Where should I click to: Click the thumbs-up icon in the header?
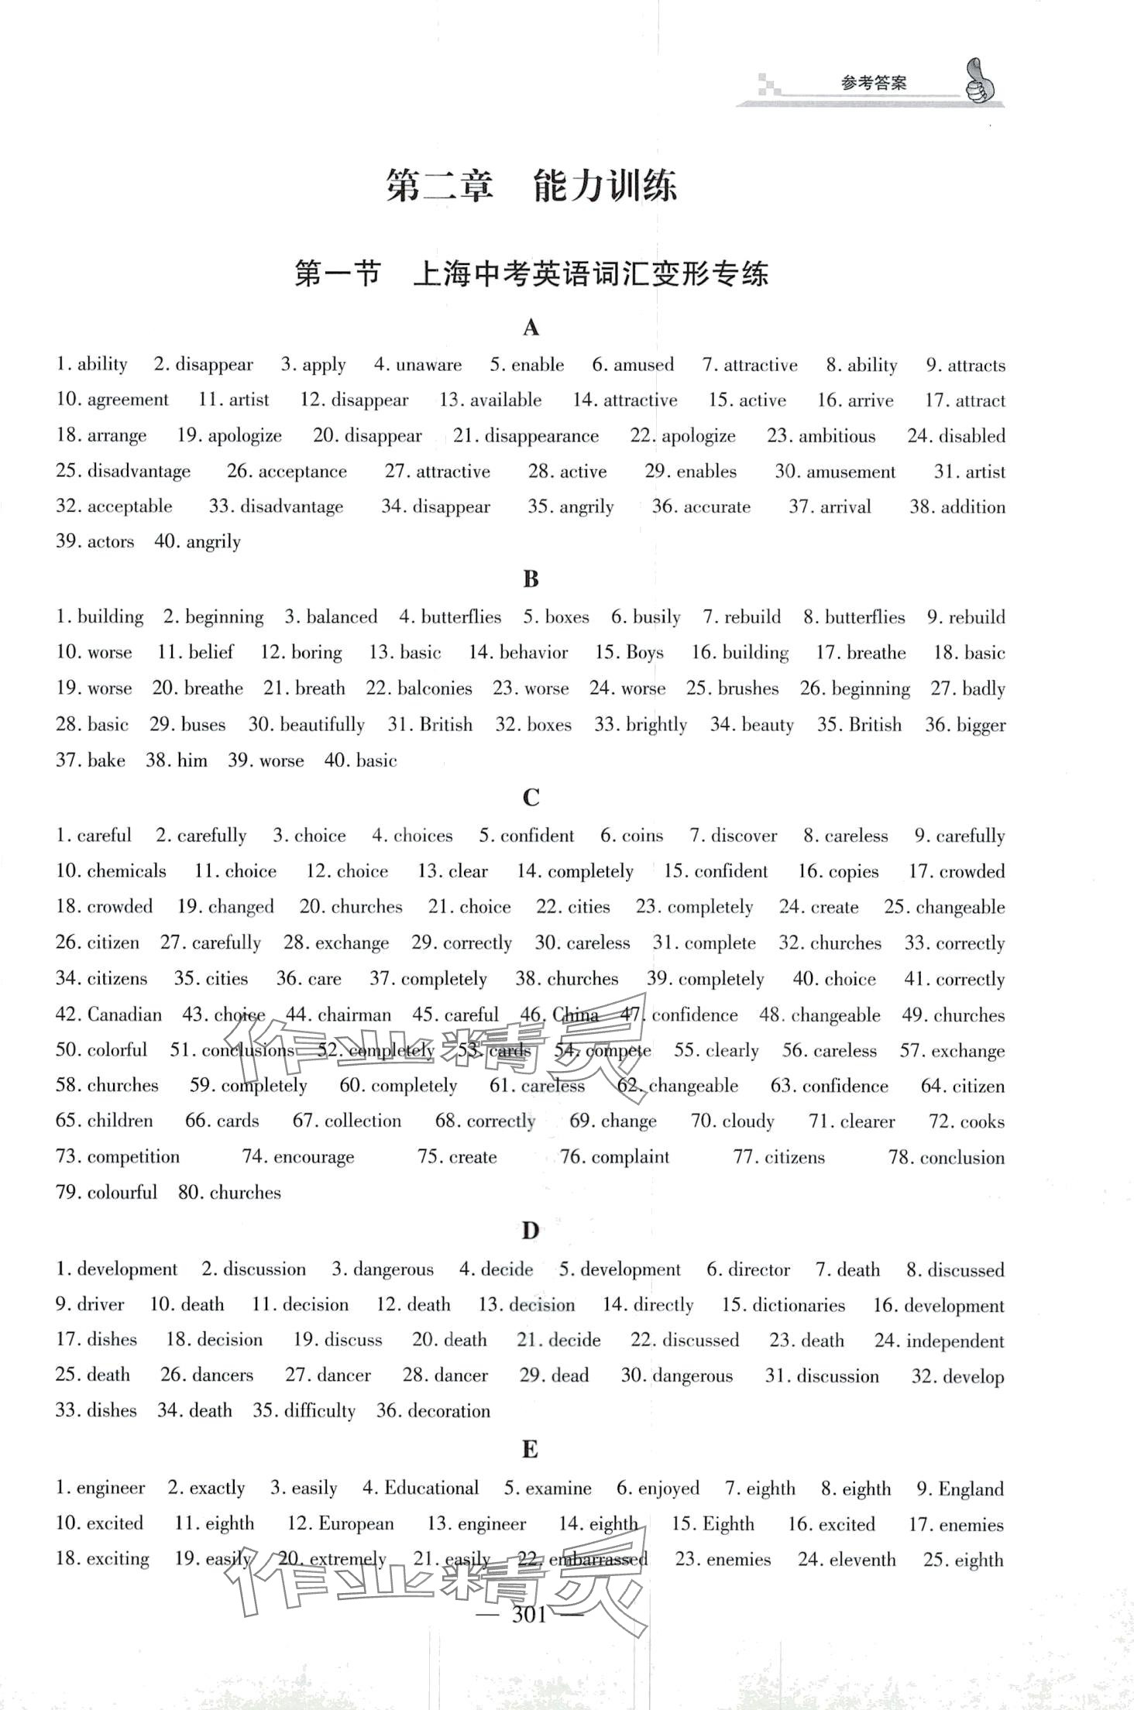pyautogui.click(x=980, y=82)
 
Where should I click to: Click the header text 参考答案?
pyautogui.click(x=873, y=83)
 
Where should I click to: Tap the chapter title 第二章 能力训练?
pyautogui.click(x=531, y=187)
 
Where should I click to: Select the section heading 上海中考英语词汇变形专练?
pyautogui.click(x=590, y=274)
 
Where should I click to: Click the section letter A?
pyautogui.click(x=531, y=328)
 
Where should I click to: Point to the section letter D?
pyautogui.click(x=530, y=1231)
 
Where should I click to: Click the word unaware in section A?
pyautogui.click(x=428, y=365)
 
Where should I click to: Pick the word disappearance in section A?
pyautogui.click(x=541, y=436)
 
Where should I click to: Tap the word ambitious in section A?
pyautogui.click(x=837, y=436)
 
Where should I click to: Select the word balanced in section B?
pyautogui.click(x=342, y=617)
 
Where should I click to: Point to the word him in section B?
pyautogui.click(x=192, y=761)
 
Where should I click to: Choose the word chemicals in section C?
pyautogui.click(x=126, y=871)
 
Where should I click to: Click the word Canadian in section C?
pyautogui.click(x=125, y=1015)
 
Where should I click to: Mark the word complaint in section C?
pyautogui.click(x=630, y=1157)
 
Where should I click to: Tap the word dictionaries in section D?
pyautogui.click(x=799, y=1305)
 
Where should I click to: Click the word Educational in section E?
pyautogui.click(x=431, y=1489)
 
